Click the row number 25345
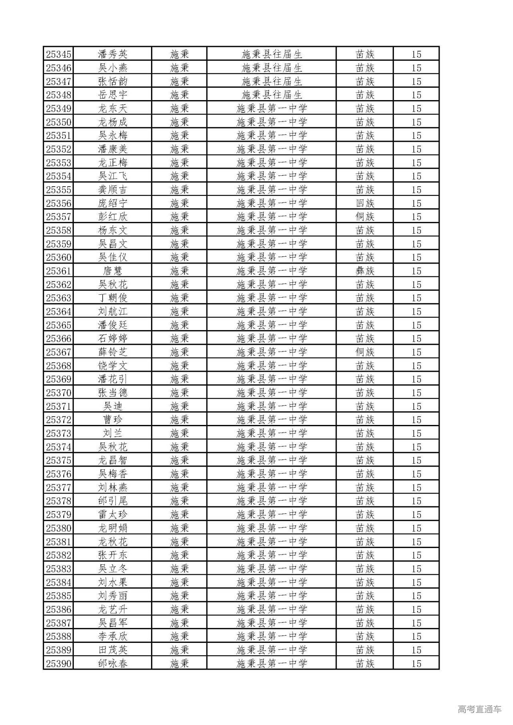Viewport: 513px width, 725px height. tap(59, 54)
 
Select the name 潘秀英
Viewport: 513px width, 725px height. tap(113, 54)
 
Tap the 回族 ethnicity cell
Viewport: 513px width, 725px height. tap(365, 203)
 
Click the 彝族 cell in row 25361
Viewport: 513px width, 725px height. tap(365, 271)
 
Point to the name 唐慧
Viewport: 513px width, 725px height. tap(113, 271)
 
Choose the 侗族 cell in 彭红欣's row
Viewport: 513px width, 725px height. tap(365, 217)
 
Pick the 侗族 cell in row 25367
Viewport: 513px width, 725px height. tap(365, 352)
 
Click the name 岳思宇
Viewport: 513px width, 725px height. tap(113, 95)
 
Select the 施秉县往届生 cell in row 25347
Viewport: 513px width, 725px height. tap(272, 81)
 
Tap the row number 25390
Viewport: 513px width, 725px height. tap(59, 663)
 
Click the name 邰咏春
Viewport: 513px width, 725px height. tap(113, 663)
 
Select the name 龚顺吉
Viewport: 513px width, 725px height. tap(113, 189)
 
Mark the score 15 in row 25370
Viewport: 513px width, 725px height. tap(416, 393)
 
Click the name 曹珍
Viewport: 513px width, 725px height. tap(113, 420)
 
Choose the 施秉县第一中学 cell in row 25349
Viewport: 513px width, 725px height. tap(272, 109)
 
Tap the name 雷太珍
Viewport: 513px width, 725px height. tap(113, 514)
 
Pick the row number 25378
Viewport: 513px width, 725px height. tap(59, 501)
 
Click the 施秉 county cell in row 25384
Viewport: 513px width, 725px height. tap(179, 582)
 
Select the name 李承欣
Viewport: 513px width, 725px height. tap(113, 636)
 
